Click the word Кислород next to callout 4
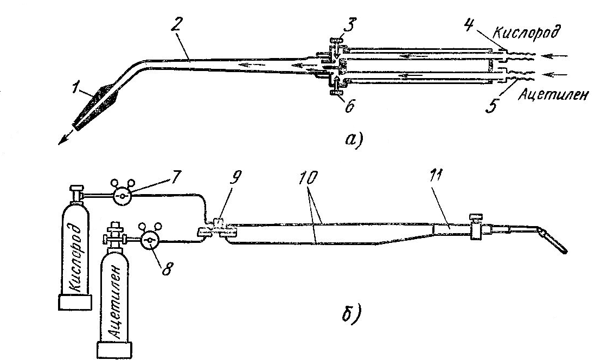[x=526, y=33]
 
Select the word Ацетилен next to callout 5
[x=552, y=94]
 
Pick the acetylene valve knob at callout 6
[x=336, y=92]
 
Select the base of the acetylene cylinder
[x=116, y=350]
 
